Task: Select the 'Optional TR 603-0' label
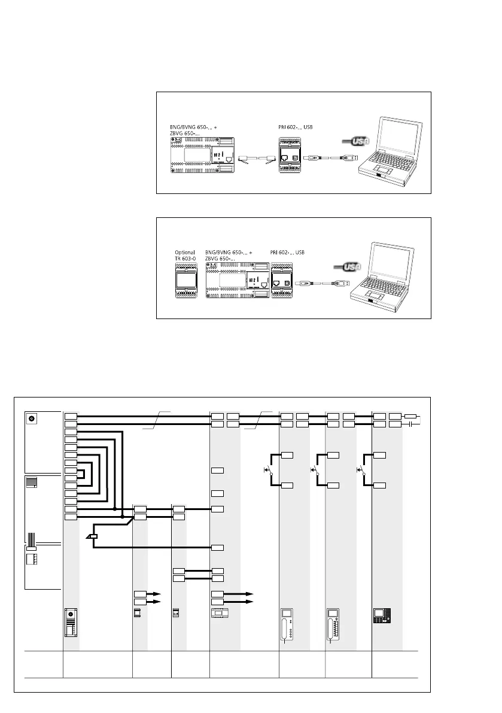click(x=185, y=256)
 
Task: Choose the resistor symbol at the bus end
click(x=411, y=415)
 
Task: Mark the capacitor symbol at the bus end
click(x=411, y=424)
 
